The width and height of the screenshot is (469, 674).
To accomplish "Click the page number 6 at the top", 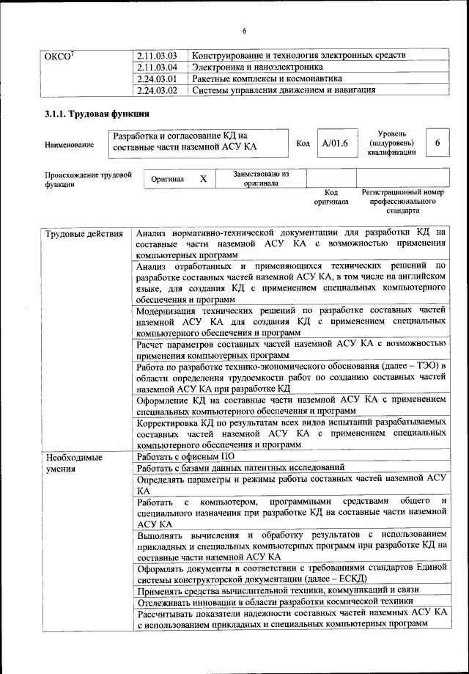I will [x=245, y=30].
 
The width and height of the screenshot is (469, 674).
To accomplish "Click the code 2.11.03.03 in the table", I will [x=158, y=56].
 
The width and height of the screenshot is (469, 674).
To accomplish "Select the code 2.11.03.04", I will [x=158, y=67].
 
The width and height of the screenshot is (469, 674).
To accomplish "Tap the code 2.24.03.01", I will [x=158, y=79].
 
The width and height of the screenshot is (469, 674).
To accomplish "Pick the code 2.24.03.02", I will [x=158, y=91].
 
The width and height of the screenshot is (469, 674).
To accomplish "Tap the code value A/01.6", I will [x=334, y=142].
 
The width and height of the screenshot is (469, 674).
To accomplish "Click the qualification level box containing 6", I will [x=437, y=142].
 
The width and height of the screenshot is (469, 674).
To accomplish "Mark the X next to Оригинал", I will [x=204, y=178].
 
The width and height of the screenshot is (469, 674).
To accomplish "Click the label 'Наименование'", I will [x=69, y=144].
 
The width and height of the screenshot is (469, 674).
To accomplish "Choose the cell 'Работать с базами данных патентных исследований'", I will [x=240, y=468].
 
